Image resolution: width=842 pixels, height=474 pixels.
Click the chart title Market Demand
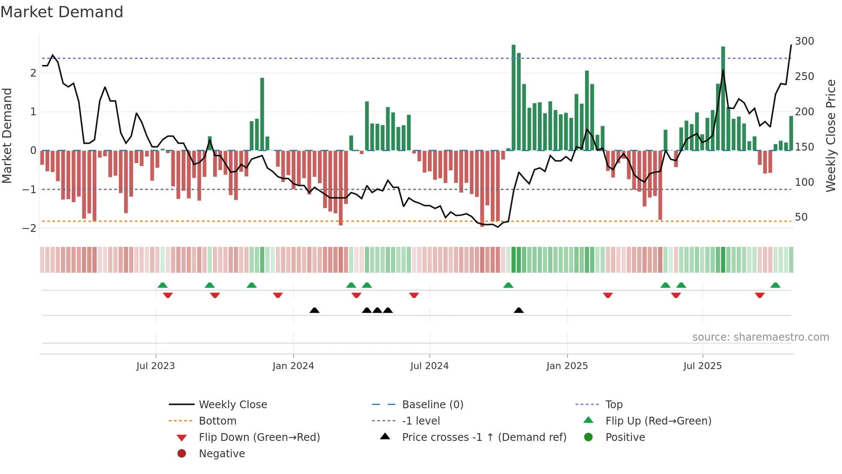(x=62, y=12)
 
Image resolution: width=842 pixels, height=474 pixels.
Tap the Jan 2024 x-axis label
(x=293, y=366)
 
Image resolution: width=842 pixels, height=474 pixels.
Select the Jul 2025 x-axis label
(x=702, y=366)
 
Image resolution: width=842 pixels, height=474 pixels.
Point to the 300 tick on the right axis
(x=804, y=41)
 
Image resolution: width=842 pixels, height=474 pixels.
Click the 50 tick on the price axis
(x=801, y=217)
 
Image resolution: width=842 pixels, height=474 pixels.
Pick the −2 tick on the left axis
(x=29, y=228)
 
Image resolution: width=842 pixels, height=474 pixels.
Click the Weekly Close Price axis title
(x=831, y=135)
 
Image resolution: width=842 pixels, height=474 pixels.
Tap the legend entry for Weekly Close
(x=232, y=405)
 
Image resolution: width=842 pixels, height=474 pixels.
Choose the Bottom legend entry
(x=217, y=421)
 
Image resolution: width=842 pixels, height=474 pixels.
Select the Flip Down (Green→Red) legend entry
(x=259, y=437)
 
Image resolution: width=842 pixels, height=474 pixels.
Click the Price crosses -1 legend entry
(x=484, y=437)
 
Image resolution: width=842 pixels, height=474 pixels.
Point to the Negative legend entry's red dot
(x=182, y=454)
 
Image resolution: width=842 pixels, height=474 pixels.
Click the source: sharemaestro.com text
(x=760, y=337)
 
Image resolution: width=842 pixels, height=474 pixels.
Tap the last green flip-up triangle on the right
(x=775, y=285)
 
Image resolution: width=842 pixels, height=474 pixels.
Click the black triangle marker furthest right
(x=519, y=311)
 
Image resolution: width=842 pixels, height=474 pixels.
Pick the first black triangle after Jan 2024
(x=314, y=311)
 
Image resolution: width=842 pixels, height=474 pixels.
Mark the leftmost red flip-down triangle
(x=168, y=295)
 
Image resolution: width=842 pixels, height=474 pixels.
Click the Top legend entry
(x=613, y=405)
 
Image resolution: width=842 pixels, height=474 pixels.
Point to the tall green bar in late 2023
(x=262, y=114)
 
